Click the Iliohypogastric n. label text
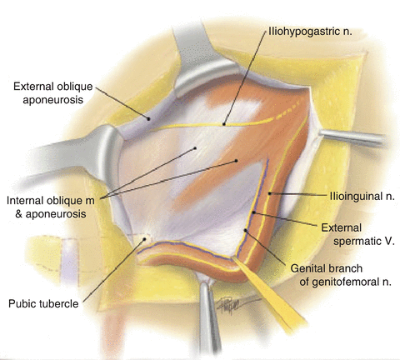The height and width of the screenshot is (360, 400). pyautogui.click(x=310, y=31)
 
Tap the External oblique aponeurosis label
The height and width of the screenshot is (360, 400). pyautogui.click(x=52, y=93)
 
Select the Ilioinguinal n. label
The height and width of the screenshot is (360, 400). pyautogui.click(x=362, y=196)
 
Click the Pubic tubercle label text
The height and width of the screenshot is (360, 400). pyautogui.click(x=43, y=303)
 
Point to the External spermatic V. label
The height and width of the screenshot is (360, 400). pyautogui.click(x=357, y=234)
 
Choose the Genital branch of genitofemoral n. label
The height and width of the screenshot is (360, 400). pyautogui.click(x=341, y=275)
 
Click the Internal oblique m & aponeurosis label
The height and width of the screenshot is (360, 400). pyautogui.click(x=51, y=207)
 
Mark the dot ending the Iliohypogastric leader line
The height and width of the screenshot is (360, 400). pyautogui.click(x=223, y=124)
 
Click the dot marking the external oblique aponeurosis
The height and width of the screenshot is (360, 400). pyautogui.click(x=148, y=118)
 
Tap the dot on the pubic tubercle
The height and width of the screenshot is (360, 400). pyautogui.click(x=144, y=239)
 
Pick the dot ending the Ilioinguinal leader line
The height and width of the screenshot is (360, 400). pyautogui.click(x=269, y=193)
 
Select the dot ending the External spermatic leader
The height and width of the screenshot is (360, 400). pyautogui.click(x=253, y=212)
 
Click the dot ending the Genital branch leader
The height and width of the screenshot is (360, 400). pyautogui.click(x=245, y=230)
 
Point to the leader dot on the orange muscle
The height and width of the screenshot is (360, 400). pyautogui.click(x=237, y=161)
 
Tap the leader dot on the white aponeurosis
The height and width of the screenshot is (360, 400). pyautogui.click(x=195, y=148)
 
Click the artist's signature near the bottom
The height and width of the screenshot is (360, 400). pyautogui.click(x=236, y=304)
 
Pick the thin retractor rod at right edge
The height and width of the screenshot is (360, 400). pyautogui.click(x=352, y=137)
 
